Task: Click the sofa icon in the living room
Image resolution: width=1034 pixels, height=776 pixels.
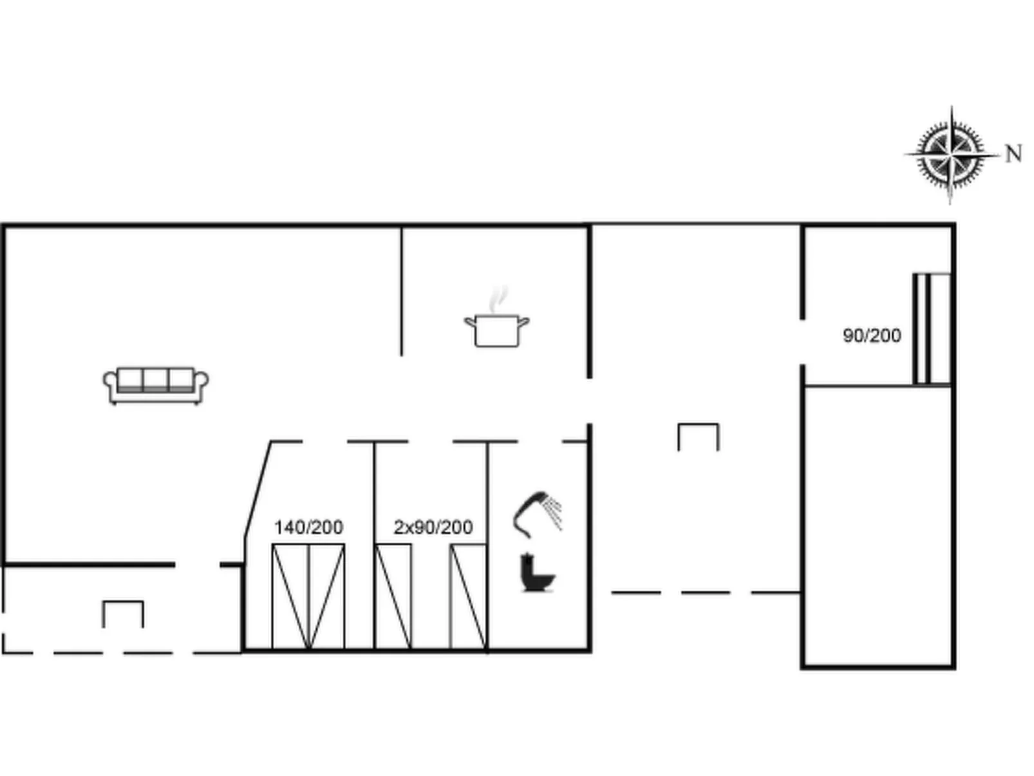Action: (155, 385)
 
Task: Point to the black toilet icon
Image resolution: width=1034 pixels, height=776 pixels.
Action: (538, 572)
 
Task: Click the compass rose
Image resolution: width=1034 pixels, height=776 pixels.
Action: (950, 155)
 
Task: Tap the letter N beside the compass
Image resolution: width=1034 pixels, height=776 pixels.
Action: (1013, 154)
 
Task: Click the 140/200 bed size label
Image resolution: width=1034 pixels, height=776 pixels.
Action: (308, 527)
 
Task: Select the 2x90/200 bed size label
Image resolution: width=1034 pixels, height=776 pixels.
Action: (433, 527)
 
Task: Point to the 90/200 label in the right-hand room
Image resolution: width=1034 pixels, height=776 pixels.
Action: (872, 336)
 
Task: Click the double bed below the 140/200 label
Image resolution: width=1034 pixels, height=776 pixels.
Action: (308, 596)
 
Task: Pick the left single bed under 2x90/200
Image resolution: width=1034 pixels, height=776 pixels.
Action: (393, 596)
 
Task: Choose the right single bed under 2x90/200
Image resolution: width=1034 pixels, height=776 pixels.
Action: (468, 596)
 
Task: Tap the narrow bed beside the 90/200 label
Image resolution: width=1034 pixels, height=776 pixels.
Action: (932, 328)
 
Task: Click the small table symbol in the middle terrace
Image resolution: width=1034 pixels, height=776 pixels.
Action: (698, 424)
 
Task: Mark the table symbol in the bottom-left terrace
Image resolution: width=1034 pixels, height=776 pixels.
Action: (123, 602)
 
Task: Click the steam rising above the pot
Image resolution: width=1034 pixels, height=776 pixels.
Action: (498, 299)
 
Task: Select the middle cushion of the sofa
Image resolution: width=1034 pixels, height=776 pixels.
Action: (155, 379)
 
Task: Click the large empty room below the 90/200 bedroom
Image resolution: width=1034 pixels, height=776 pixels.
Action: (878, 526)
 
